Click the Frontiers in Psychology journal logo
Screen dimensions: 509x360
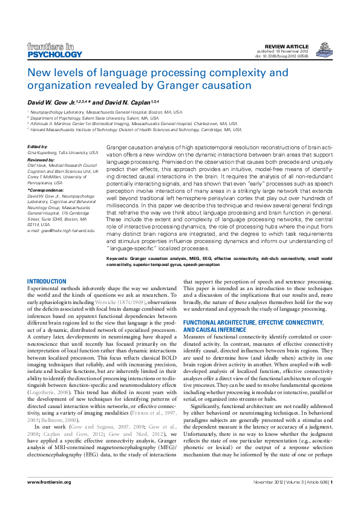click(54, 51)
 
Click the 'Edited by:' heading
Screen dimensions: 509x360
click(38, 148)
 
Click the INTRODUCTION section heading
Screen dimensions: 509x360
click(47, 282)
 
